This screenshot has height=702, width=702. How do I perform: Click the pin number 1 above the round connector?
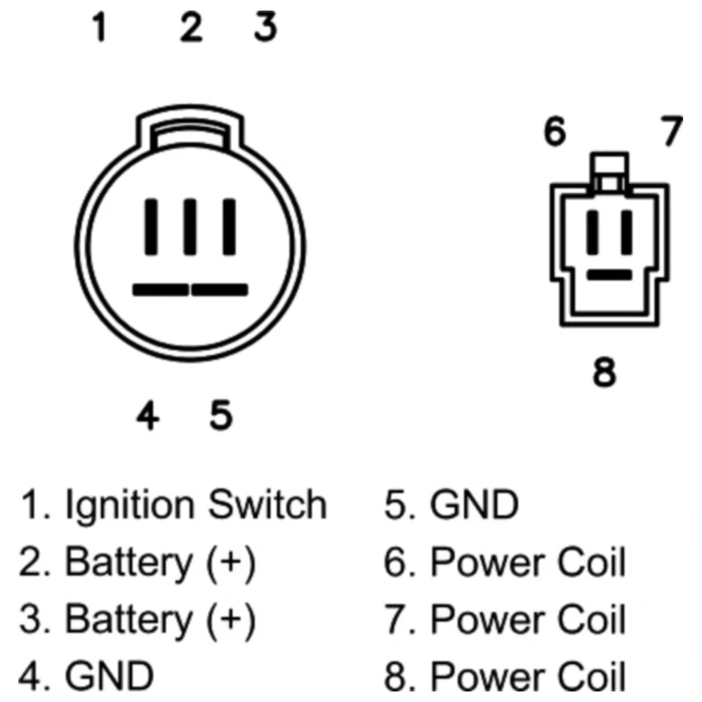tap(100, 27)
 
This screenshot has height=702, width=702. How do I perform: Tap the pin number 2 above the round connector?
tap(191, 27)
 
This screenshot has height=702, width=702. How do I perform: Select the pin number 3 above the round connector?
tap(265, 27)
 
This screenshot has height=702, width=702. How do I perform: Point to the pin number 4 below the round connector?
tap(147, 416)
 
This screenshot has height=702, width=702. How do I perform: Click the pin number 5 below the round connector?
tap(221, 416)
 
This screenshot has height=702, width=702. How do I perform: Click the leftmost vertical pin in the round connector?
tap(152, 227)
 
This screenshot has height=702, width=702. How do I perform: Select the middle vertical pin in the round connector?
tap(190, 227)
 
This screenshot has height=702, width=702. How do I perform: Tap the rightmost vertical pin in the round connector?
tap(230, 227)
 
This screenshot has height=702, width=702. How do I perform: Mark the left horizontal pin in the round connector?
tap(161, 290)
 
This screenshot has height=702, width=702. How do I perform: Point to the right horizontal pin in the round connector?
tap(220, 290)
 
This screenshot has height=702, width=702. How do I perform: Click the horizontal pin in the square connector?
tap(609, 274)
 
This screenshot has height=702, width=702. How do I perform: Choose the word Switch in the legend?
tap(267, 504)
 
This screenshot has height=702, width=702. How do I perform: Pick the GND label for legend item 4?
tap(110, 675)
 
